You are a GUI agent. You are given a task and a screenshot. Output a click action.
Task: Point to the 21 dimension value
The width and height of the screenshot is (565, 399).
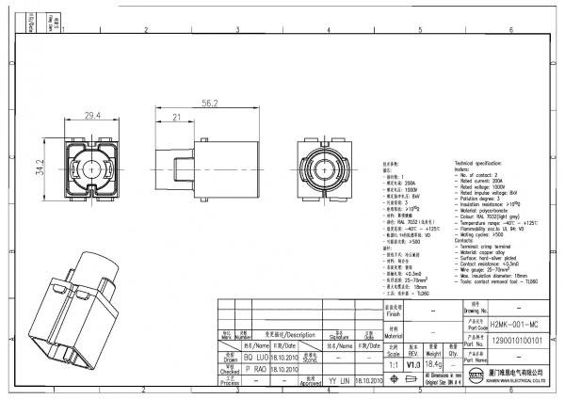(176, 117)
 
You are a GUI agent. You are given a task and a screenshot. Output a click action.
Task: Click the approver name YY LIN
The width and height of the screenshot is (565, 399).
(337, 381)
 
